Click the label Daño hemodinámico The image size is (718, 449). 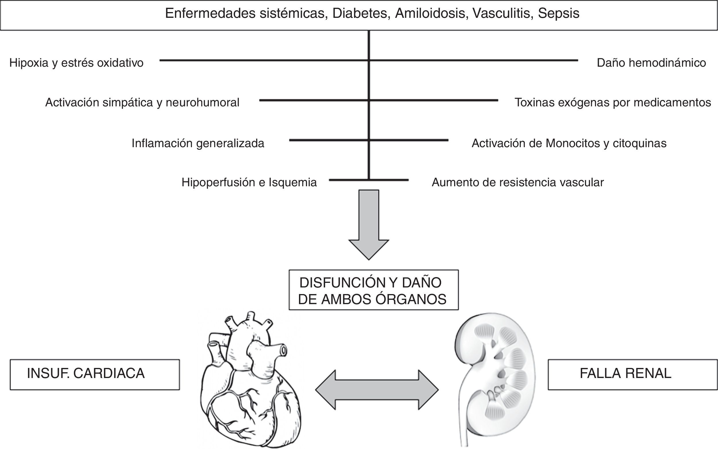point(651,63)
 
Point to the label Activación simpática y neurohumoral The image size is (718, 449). point(142,102)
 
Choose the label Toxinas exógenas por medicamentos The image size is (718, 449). point(613,102)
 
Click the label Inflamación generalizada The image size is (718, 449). point(198,143)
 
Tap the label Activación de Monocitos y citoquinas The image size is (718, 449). point(569,143)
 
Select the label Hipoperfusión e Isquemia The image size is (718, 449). point(249,182)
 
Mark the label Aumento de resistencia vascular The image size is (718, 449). point(518,182)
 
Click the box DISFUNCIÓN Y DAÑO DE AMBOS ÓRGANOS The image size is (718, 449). point(374,290)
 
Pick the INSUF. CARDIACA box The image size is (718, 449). point(95,375)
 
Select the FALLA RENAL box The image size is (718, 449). point(632,375)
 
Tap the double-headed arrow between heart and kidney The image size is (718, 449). point(377,389)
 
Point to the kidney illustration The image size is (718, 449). point(495,371)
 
